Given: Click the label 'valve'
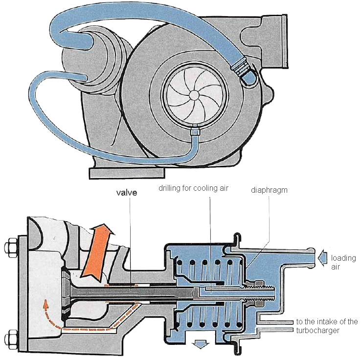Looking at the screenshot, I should tap(127, 192).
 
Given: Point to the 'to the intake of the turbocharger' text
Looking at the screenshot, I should tap(327, 325).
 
